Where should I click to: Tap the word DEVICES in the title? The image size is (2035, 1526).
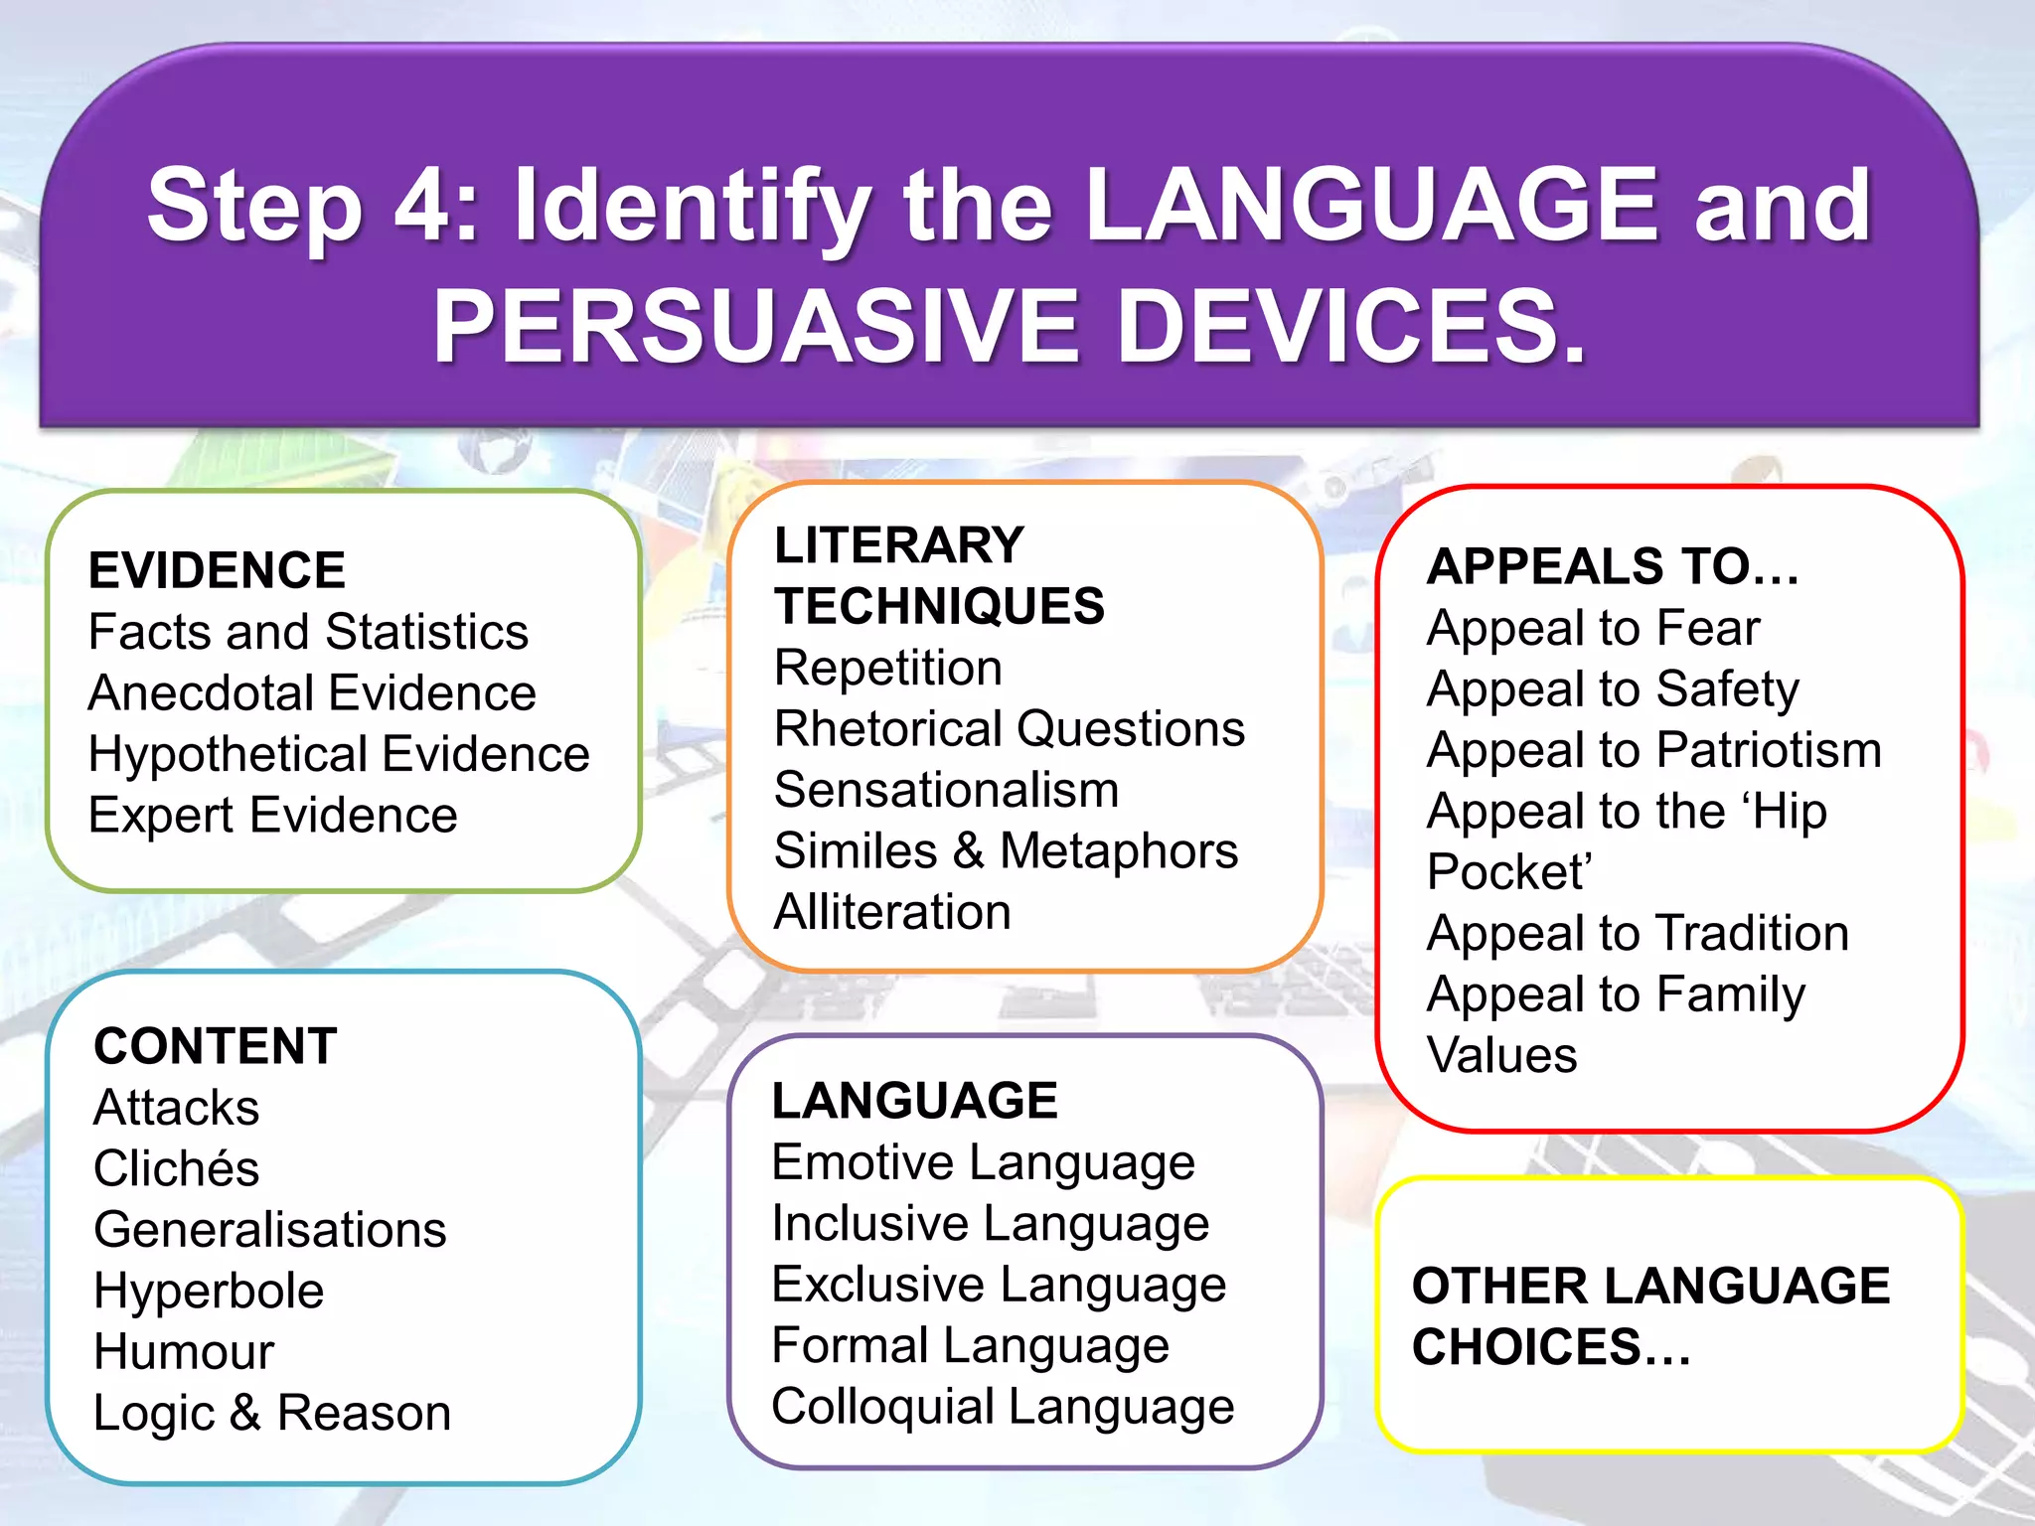click(1351, 326)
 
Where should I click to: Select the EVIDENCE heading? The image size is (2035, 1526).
click(217, 570)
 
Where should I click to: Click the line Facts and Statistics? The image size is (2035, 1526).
click(308, 632)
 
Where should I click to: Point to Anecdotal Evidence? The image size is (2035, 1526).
click(312, 692)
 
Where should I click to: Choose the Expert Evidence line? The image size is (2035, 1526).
click(272, 815)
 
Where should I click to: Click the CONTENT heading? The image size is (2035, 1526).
click(216, 1046)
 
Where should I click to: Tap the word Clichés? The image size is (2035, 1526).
click(176, 1168)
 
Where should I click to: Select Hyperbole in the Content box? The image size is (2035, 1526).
click(209, 1291)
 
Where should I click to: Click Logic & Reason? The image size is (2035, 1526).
click(272, 1413)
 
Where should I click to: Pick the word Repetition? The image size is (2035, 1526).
click(887, 668)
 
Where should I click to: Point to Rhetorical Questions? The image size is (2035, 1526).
click(1009, 728)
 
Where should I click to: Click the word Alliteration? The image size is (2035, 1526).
click(892, 912)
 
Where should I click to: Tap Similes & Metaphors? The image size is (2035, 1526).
click(1006, 851)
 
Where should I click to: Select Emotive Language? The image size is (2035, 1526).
click(983, 1162)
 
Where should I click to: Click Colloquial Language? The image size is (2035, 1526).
click(1002, 1407)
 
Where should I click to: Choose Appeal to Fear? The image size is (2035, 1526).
click(1593, 628)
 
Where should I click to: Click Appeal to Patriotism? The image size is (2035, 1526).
click(1653, 750)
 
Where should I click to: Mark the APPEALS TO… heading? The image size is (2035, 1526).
click(1612, 566)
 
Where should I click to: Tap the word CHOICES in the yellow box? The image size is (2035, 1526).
click(1550, 1347)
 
